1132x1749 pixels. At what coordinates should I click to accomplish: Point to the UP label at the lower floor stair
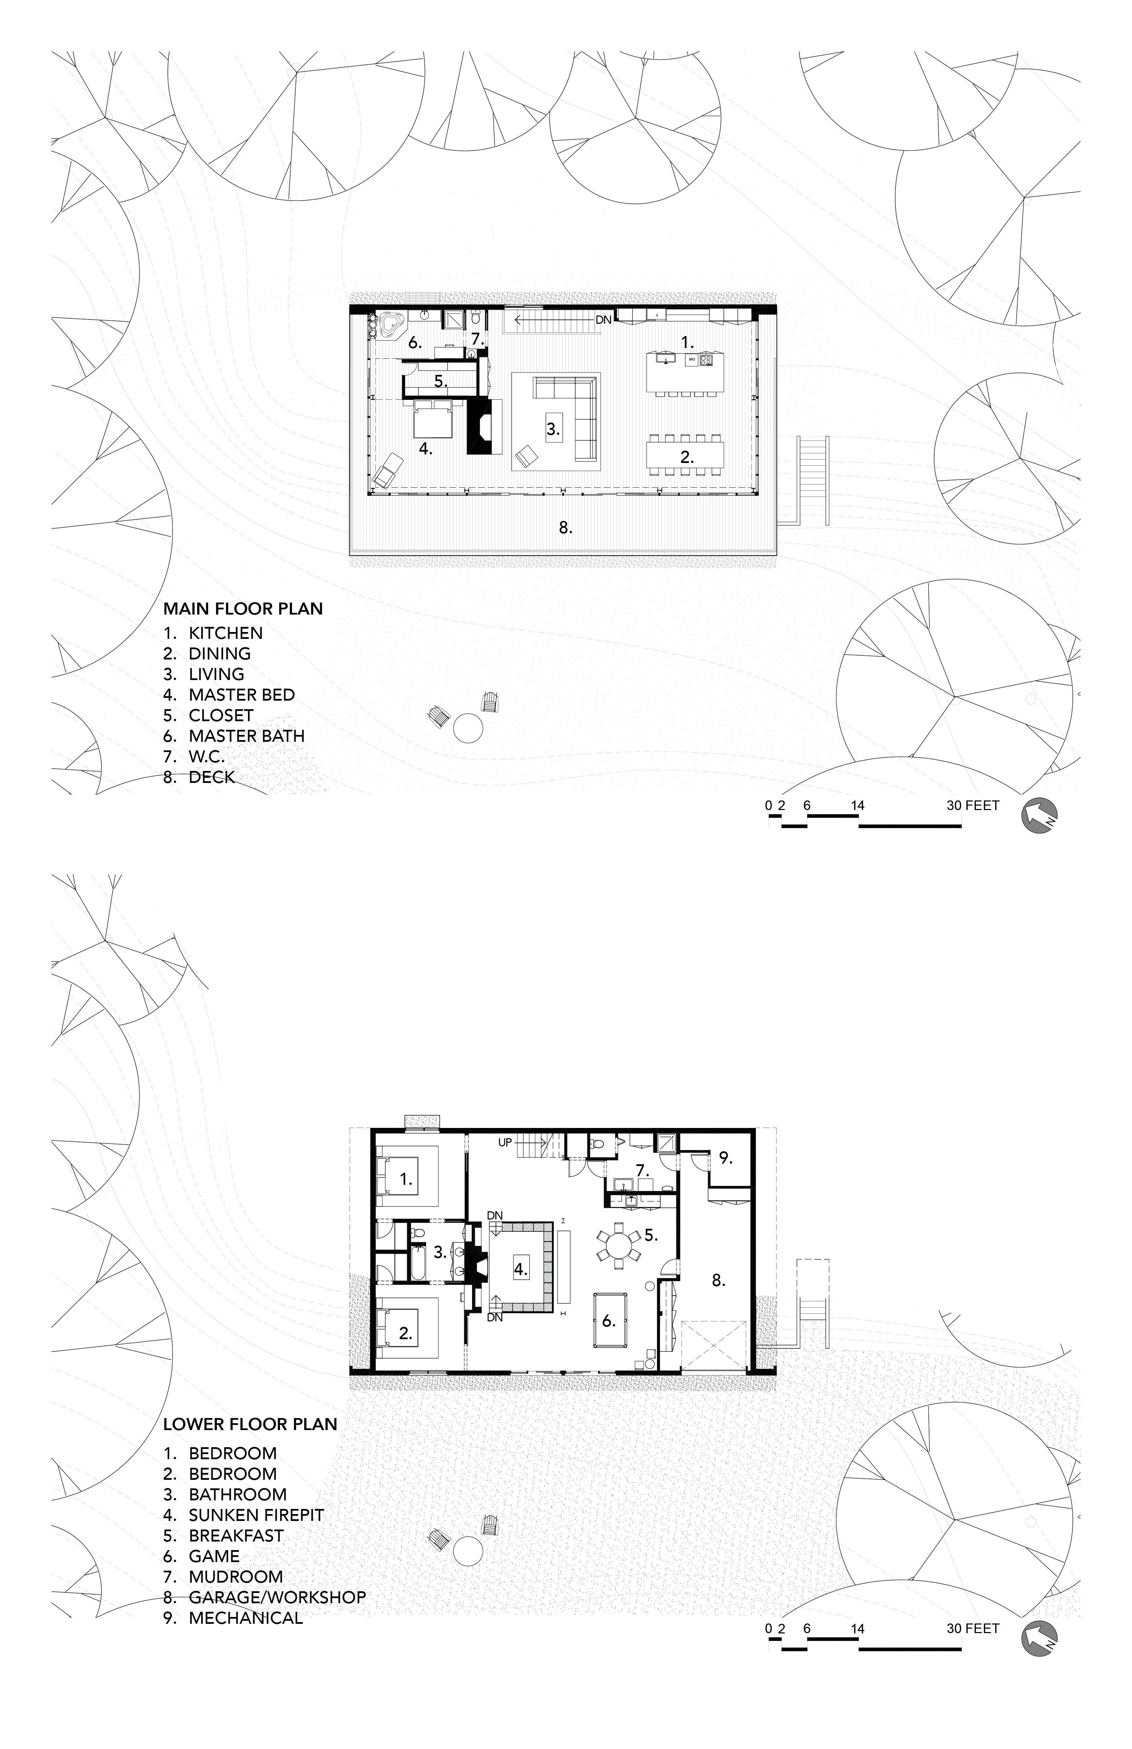[505, 1143]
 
